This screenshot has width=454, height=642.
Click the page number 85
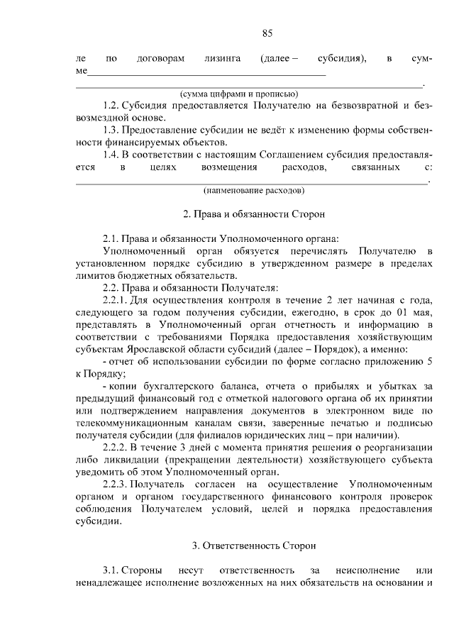point(267,33)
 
